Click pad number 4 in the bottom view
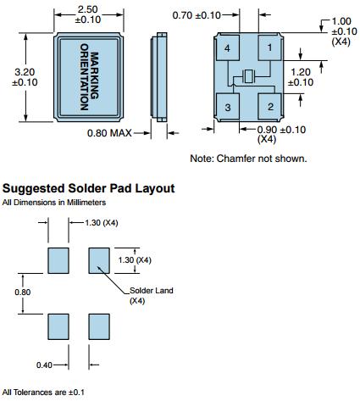tap(228, 48)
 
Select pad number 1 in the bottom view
tap(269, 47)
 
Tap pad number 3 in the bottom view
tap(228, 106)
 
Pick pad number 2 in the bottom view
tap(269, 106)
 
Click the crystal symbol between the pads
tap(249, 76)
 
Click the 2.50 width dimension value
tap(88, 9)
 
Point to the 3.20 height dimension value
tap(25, 72)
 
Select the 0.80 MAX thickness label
tap(109, 133)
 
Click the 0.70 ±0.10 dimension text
tap(197, 15)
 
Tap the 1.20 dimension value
tap(301, 72)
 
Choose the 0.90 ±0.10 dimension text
tap(281, 130)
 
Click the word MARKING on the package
tap(95, 75)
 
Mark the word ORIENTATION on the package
tap(85, 77)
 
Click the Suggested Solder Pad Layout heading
tap(88, 188)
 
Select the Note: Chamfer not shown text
tap(248, 159)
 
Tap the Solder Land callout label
tap(152, 291)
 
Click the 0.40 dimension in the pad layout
tap(44, 365)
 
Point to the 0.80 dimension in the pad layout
tap(23, 292)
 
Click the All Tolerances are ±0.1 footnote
tap(43, 393)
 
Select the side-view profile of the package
tap(159, 77)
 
